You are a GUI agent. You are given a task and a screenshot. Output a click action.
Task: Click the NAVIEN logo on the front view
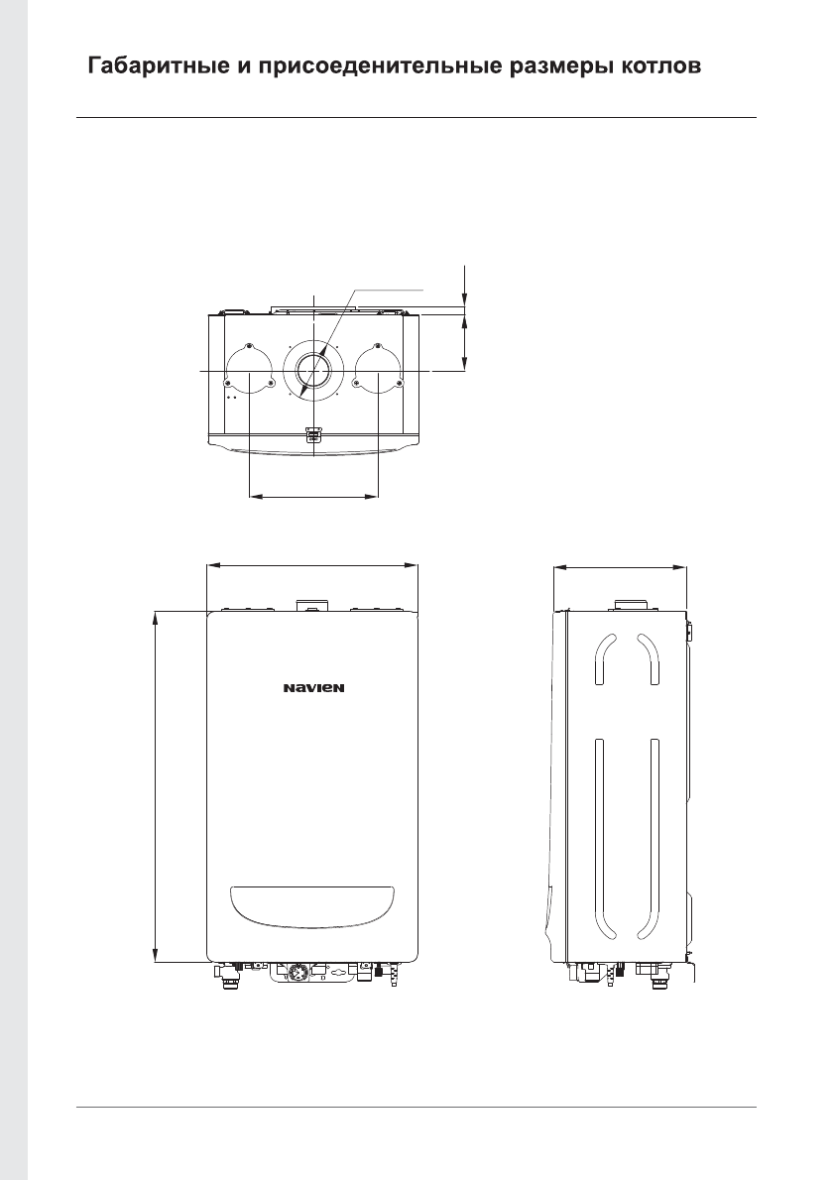coord(313,687)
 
